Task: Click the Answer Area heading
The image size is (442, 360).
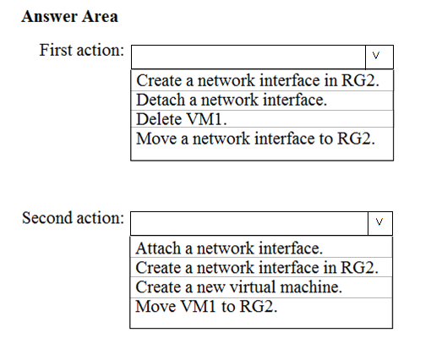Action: pos(69,16)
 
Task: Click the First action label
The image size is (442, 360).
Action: pos(82,50)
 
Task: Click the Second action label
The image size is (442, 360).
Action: pos(73,218)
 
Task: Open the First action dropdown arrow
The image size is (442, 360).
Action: pos(379,57)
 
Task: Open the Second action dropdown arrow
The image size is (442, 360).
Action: pos(380,223)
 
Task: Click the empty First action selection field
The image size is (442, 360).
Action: pos(248,57)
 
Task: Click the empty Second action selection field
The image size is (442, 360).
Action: pos(249,223)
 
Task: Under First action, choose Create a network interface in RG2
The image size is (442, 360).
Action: pos(258,80)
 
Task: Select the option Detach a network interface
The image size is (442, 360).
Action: pos(232,100)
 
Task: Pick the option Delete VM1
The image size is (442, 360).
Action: pos(182,119)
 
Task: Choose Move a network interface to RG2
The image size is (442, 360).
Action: pos(256,139)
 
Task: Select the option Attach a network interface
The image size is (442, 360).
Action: pos(229,248)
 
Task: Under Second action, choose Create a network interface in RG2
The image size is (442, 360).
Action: pos(257,268)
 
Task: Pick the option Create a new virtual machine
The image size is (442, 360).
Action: pos(239,287)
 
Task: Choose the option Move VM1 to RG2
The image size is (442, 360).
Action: pos(206,306)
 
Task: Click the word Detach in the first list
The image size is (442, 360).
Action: pos(161,100)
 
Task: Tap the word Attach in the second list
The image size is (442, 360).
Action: pos(158,248)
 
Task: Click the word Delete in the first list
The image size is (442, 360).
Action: pos(159,119)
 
